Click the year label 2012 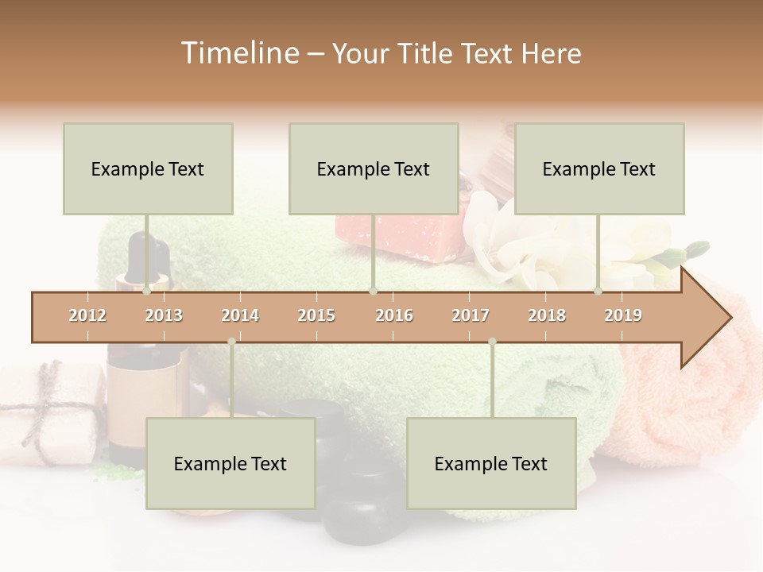click(87, 316)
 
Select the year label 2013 click(164, 316)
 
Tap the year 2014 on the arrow click(240, 316)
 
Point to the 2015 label click(316, 316)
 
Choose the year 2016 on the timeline click(394, 316)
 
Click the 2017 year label click(471, 316)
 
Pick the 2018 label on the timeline click(547, 316)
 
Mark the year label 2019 click(623, 316)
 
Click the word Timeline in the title click(238, 53)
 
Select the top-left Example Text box click(148, 169)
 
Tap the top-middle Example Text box click(374, 169)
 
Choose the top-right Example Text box click(599, 169)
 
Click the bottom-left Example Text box click(230, 464)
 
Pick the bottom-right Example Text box click(491, 464)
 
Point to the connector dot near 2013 click(146, 292)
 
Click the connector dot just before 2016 click(373, 292)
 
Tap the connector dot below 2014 click(231, 342)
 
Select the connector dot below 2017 click(492, 342)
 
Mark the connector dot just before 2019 click(598, 292)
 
